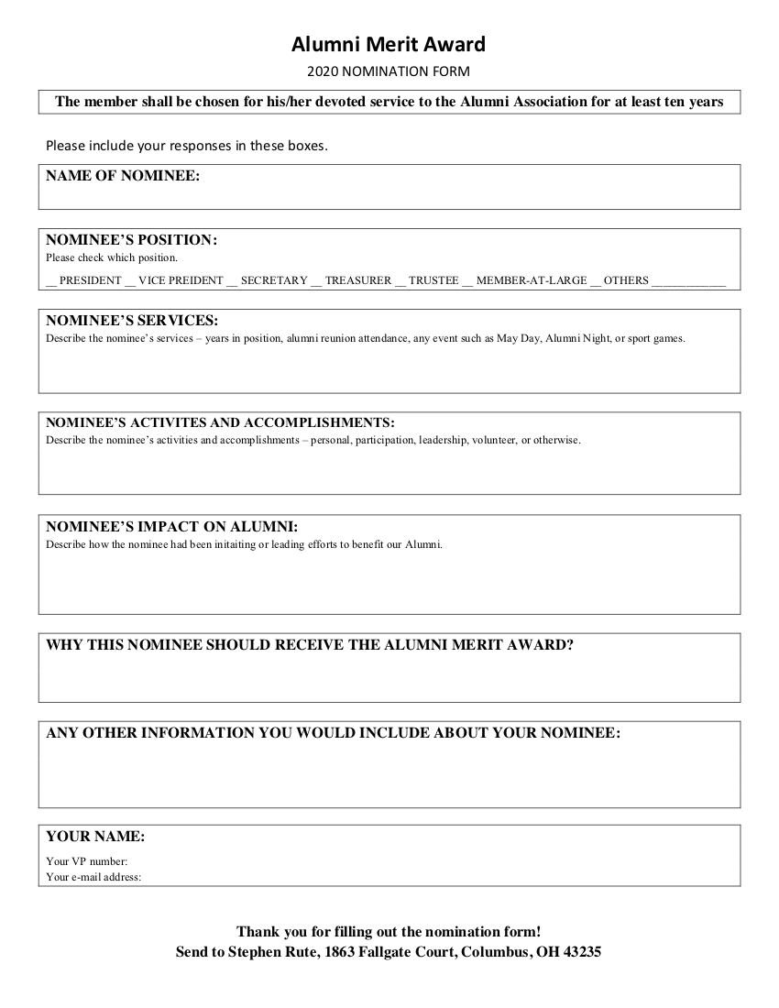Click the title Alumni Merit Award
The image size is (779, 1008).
click(389, 44)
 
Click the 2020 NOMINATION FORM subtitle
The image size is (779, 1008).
click(389, 71)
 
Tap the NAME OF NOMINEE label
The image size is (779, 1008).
click(123, 176)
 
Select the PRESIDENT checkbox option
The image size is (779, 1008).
click(51, 281)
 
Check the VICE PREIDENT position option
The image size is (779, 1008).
click(130, 281)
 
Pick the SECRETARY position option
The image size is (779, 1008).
click(232, 281)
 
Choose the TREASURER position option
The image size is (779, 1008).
click(316, 281)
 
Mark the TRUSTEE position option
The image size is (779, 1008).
click(400, 281)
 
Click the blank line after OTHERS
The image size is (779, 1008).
click(688, 281)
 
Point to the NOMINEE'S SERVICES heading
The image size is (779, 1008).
click(132, 321)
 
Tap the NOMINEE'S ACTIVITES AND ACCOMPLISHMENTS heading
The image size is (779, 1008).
click(220, 423)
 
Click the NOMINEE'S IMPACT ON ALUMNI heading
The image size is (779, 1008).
click(171, 527)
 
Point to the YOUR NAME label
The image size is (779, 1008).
click(95, 837)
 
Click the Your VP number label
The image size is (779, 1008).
click(87, 861)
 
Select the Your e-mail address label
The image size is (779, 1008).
click(93, 877)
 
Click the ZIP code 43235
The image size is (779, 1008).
click(582, 952)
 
